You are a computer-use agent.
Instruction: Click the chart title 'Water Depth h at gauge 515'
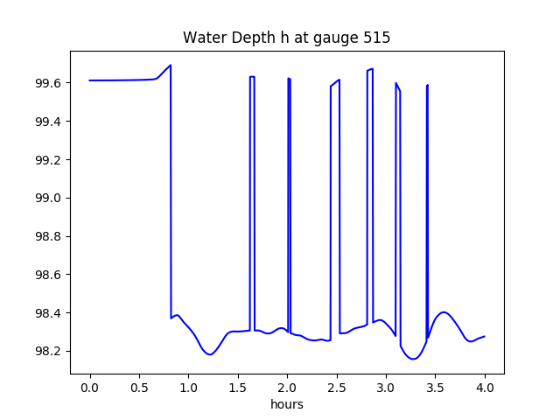click(x=286, y=38)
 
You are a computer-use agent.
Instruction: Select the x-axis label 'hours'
click(x=287, y=405)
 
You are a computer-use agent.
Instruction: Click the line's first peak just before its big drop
click(x=170, y=66)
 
